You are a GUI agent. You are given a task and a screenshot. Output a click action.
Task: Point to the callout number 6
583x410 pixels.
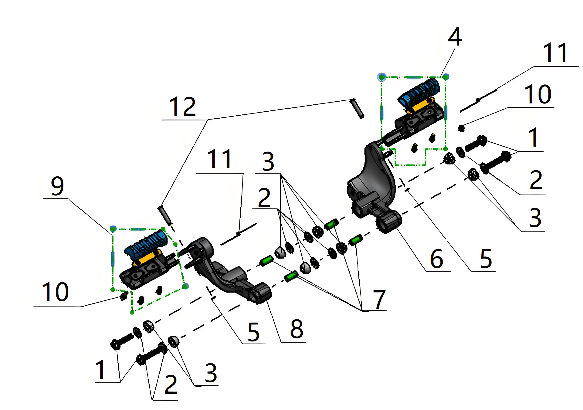[x=437, y=258]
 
